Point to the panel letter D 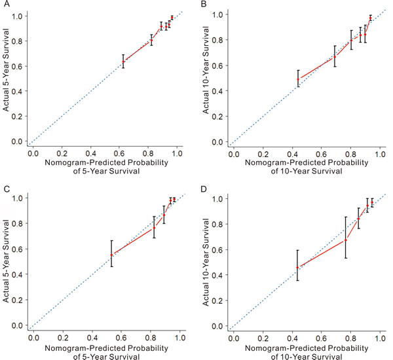coord(204,188)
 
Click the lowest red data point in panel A coord(123,61)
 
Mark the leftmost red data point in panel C coord(111,255)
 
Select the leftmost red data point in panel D coord(298,267)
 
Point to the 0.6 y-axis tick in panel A coord(20,65)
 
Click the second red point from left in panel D coord(345,240)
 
